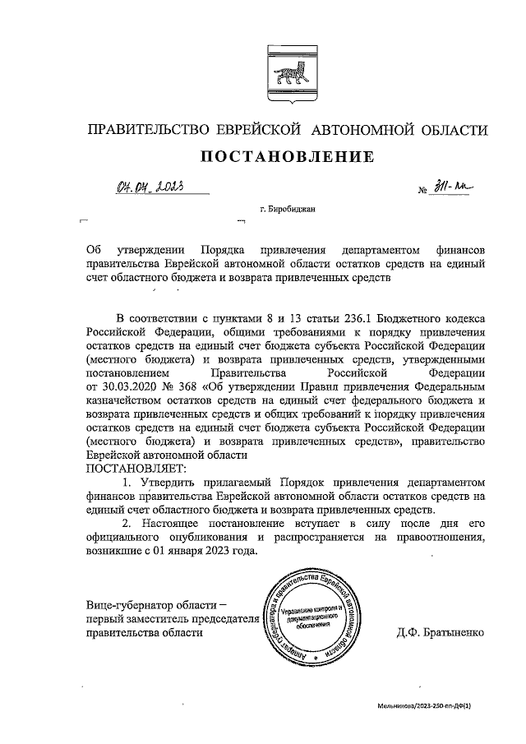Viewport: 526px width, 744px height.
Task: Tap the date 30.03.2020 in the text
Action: [x=125, y=386]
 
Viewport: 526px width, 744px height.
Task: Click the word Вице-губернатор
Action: [x=130, y=605]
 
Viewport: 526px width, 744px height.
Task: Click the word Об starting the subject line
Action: [x=93, y=249]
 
